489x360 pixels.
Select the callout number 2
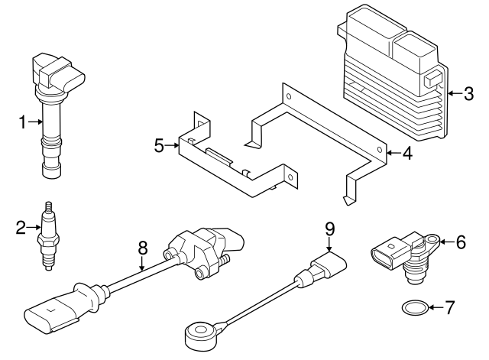pyautogui.click(x=21, y=225)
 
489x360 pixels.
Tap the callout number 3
pyautogui.click(x=465, y=94)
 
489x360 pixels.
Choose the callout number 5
pyautogui.click(x=159, y=144)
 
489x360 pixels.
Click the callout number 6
pyautogui.click(x=460, y=242)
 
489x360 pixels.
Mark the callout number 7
pyautogui.click(x=449, y=308)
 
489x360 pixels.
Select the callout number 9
pyautogui.click(x=330, y=227)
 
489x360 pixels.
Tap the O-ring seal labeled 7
pyautogui.click(x=413, y=309)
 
